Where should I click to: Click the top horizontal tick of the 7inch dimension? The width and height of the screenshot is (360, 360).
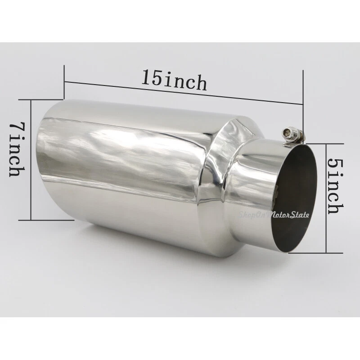pos(45,100)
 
